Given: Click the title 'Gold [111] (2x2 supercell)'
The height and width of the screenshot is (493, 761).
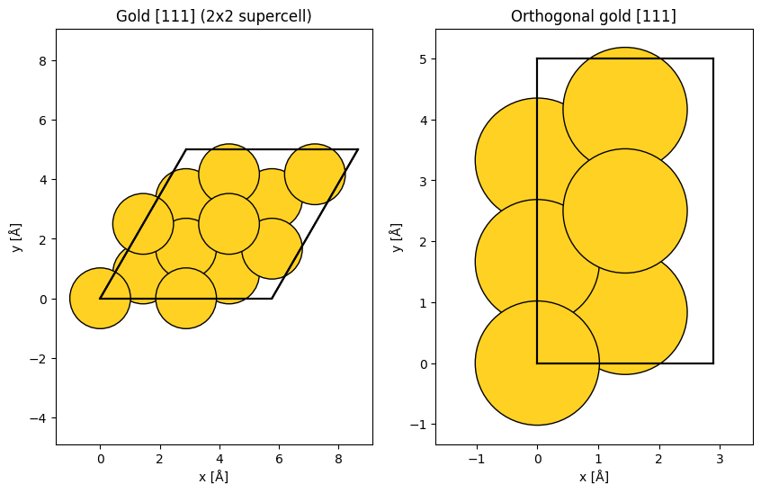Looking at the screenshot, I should pos(214,16).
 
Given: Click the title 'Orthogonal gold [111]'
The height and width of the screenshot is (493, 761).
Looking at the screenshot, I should pos(593,16).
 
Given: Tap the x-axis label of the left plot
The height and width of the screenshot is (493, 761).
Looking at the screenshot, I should pos(214,476).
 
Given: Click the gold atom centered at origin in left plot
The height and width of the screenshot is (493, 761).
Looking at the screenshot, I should pos(100,299).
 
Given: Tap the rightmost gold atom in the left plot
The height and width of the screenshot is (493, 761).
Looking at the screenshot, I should pos(315,174).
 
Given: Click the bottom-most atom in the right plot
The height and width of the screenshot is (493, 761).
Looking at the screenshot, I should pos(537,363).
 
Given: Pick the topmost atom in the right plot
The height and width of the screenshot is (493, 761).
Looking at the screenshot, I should pos(624,110).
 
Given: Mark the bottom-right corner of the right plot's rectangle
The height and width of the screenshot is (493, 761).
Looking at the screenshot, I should pos(713,363).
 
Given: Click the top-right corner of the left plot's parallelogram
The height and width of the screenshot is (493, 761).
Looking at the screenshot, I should pos(358,149).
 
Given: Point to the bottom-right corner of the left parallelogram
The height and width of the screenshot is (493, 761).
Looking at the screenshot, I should pos(272,299).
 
